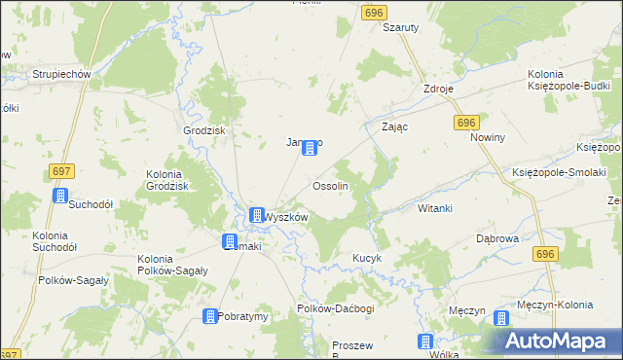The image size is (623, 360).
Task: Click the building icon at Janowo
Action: coord(310,148)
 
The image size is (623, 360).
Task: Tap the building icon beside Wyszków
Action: coord(257,216)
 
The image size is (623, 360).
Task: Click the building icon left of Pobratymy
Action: coord(209,316)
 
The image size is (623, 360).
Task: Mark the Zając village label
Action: coord(394,127)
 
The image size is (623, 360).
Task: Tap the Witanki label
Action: coord(435,209)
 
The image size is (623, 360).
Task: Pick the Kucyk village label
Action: coord(365,259)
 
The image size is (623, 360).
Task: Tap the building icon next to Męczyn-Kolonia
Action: coord(501,318)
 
